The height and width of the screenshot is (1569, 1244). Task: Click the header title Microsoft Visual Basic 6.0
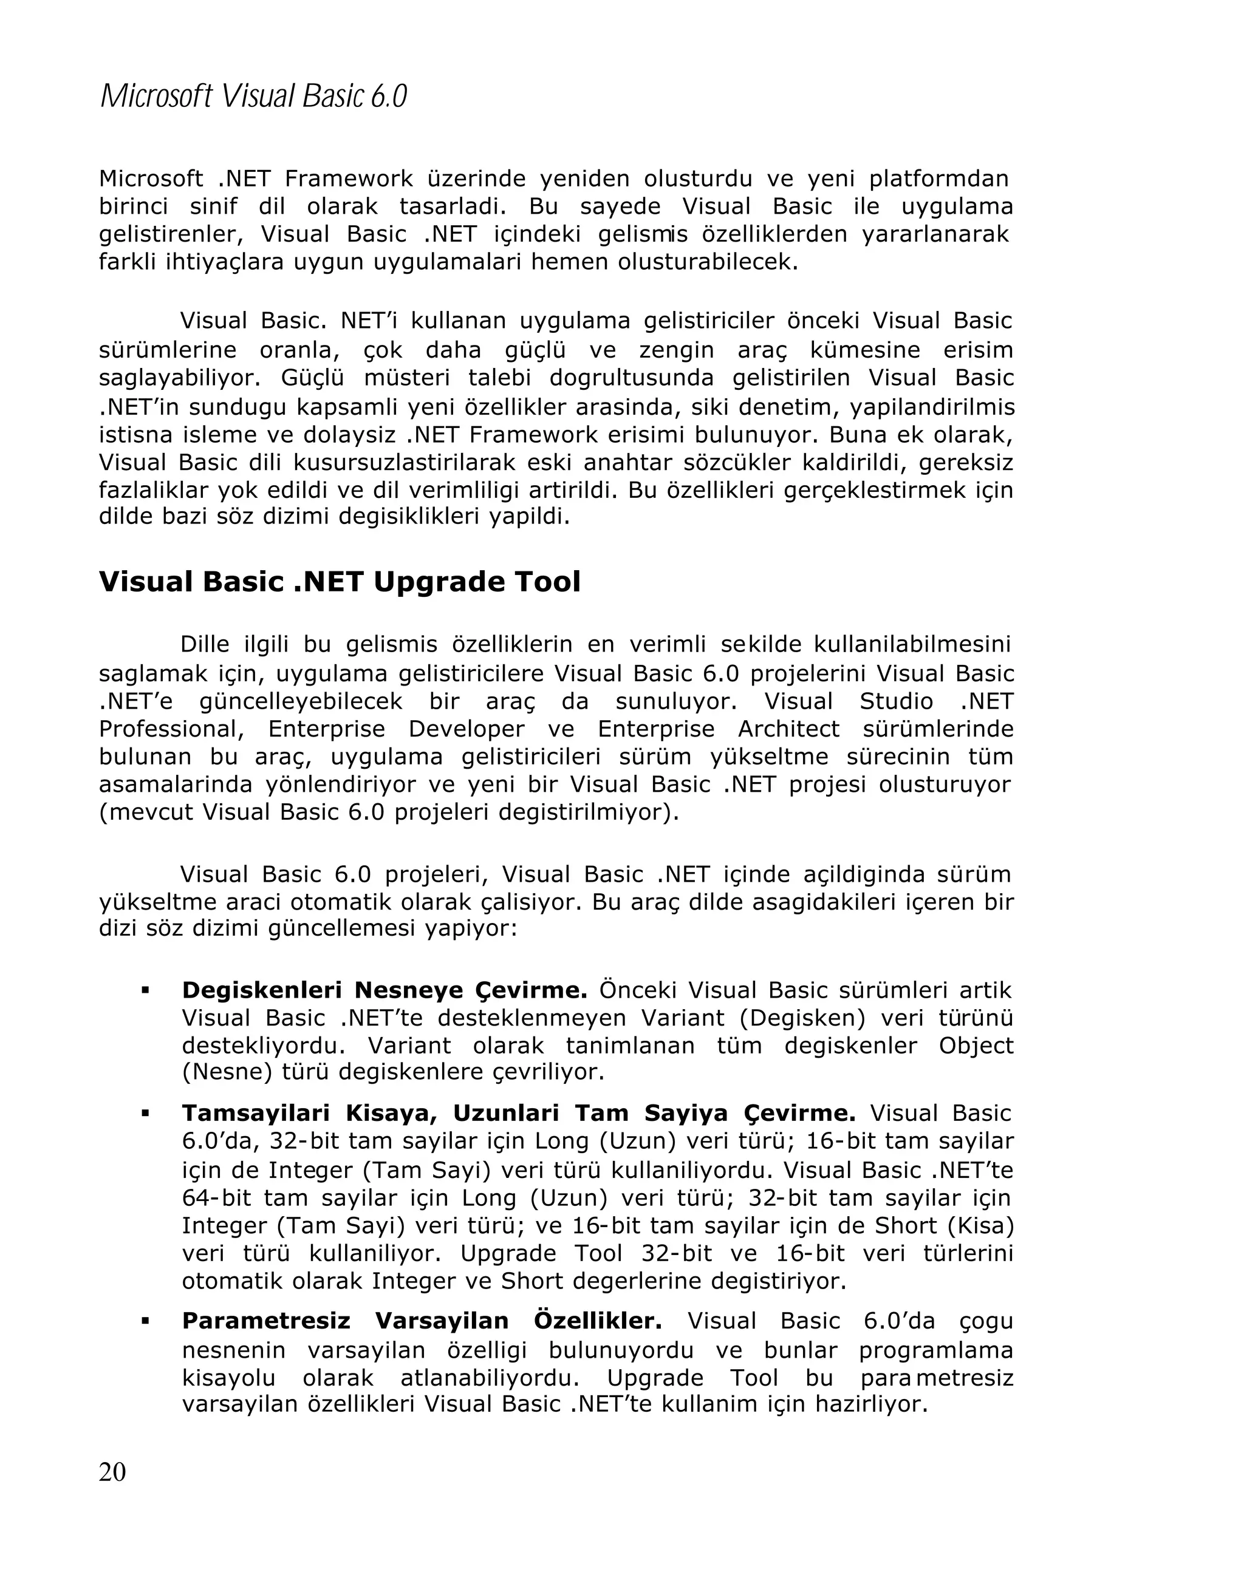tap(253, 96)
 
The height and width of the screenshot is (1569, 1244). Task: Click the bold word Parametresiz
tap(265, 1321)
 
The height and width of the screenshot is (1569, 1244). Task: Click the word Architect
tap(788, 729)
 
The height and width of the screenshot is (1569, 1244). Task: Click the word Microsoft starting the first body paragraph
tap(151, 179)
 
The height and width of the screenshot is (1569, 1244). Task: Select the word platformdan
tap(938, 179)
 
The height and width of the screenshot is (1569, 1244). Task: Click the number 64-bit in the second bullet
tap(216, 1198)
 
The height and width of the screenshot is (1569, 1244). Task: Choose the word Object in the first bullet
tap(976, 1046)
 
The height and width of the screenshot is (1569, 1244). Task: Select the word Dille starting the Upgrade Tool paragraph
tap(204, 645)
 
